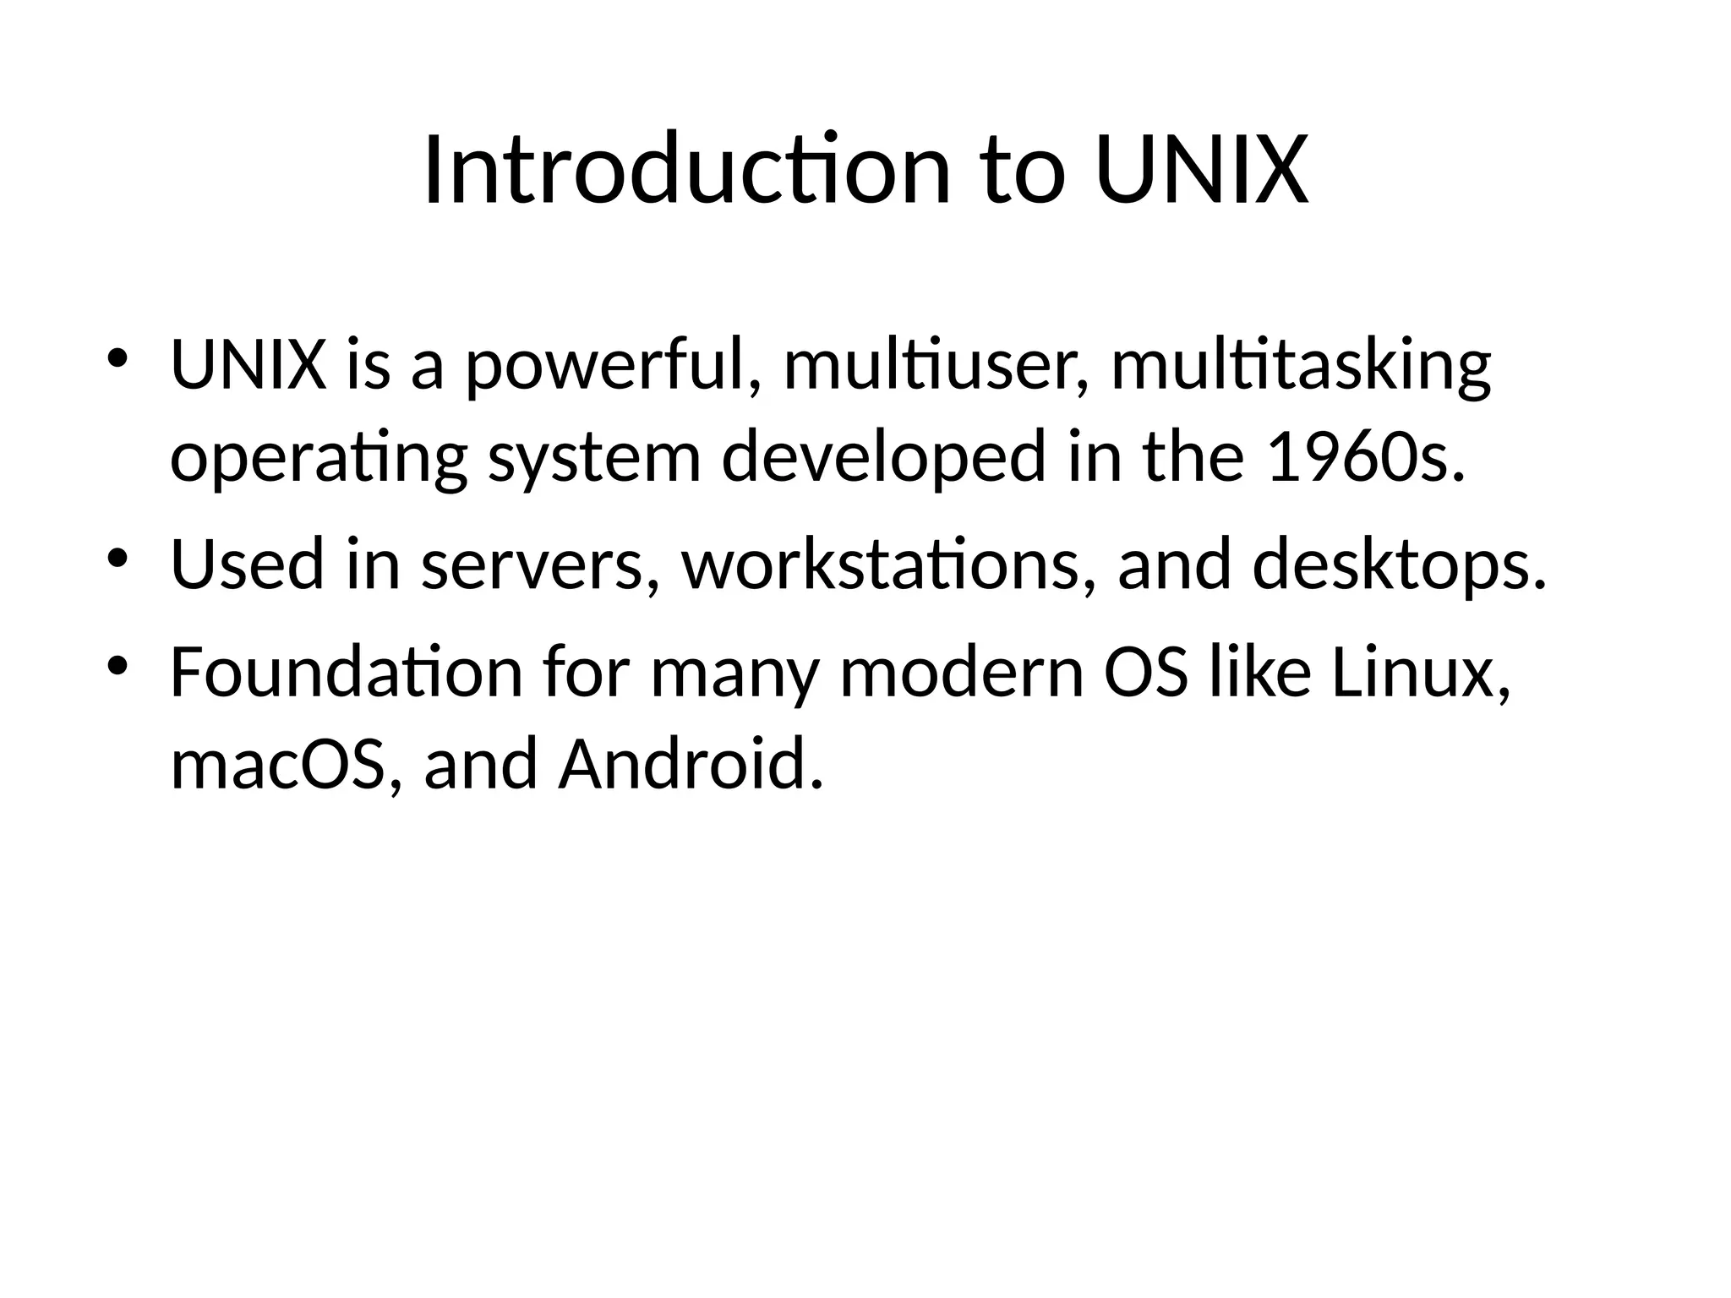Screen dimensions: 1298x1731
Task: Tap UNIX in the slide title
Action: pos(1201,171)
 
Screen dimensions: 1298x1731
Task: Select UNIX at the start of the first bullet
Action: pos(248,366)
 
